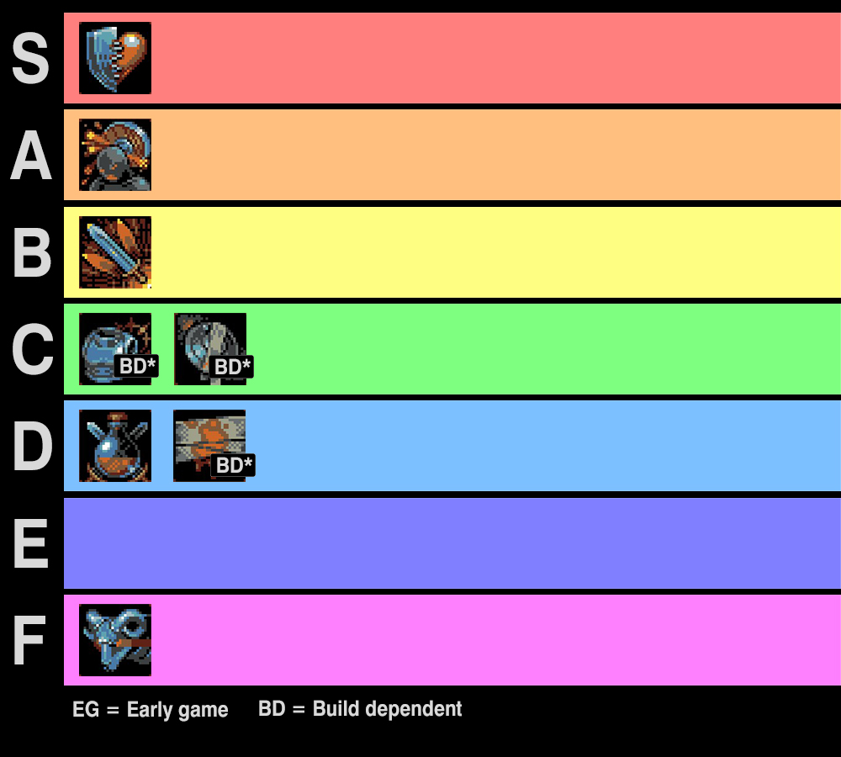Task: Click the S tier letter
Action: (30, 59)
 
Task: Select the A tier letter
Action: (30, 156)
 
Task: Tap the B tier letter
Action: (30, 252)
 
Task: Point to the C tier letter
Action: (30, 349)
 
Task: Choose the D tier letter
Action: (30, 447)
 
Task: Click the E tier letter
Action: (30, 543)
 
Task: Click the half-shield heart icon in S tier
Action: (115, 58)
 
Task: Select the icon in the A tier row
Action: (115, 155)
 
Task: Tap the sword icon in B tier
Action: (115, 252)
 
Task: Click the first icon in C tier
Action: (115, 349)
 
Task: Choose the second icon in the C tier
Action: (210, 349)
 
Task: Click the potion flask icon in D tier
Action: (115, 446)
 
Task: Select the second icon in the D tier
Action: (209, 446)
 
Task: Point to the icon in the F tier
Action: (115, 640)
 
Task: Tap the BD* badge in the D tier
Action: (233, 465)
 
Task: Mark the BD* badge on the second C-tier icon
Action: (232, 367)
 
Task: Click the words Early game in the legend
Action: (177, 710)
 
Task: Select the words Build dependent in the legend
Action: (387, 709)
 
